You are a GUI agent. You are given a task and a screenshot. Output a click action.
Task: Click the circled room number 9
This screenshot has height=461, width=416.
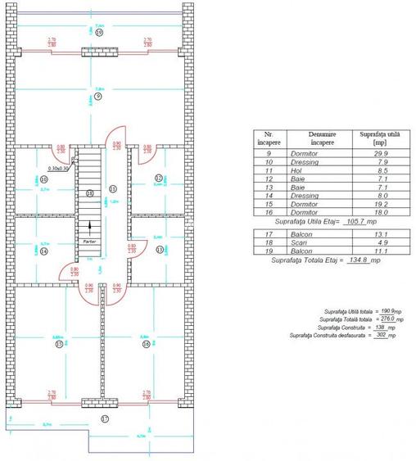coord(97,97)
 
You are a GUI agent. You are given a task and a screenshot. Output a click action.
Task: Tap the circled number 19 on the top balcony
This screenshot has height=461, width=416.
coord(98,34)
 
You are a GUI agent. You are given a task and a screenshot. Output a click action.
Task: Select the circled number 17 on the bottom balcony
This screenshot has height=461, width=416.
coord(104,419)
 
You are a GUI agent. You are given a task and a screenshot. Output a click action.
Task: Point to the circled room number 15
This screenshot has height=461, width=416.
coord(59,345)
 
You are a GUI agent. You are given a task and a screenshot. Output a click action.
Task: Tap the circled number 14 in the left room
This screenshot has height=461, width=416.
coord(43,251)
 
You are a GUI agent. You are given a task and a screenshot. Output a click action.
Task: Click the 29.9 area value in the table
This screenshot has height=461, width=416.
coord(369,153)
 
